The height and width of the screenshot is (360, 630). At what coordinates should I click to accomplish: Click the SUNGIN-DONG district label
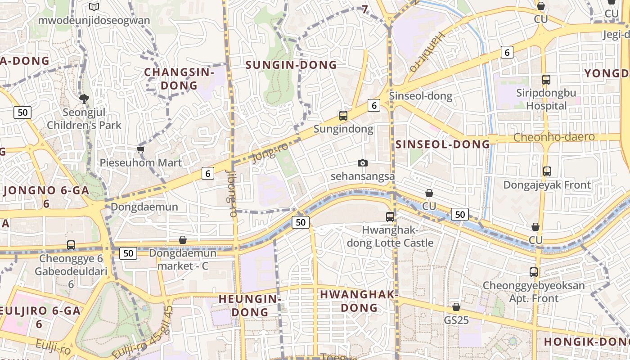coord(291,65)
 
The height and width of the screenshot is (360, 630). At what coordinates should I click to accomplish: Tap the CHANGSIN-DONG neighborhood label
coord(179,79)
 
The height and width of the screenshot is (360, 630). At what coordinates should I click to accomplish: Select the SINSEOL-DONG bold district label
coord(443,144)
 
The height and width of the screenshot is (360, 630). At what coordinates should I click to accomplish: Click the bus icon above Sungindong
coord(343,116)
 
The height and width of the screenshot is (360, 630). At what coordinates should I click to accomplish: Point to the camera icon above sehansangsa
coord(363,163)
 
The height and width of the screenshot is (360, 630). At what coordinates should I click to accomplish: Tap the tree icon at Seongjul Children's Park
coord(84,99)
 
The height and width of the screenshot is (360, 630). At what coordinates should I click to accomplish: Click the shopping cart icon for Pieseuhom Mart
coord(141,149)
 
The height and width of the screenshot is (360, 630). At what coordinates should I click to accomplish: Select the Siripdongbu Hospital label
coord(547,99)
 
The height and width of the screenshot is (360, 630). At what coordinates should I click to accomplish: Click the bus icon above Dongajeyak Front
coord(547,171)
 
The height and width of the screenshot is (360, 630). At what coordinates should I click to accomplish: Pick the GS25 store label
coord(456,320)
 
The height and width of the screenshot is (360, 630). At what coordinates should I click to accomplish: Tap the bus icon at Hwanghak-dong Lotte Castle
coord(390,217)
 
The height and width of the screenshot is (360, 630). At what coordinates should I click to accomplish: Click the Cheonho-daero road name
coord(554,137)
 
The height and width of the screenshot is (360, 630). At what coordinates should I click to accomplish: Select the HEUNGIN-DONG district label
coord(249,305)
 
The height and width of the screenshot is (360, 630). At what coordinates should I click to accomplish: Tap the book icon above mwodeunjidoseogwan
coord(94,7)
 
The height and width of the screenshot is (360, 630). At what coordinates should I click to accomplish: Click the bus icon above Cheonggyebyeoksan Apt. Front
coord(534,272)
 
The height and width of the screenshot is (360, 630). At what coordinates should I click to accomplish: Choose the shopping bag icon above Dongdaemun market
coord(183,240)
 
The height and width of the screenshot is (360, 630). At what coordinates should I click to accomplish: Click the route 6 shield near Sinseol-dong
coord(374,105)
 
